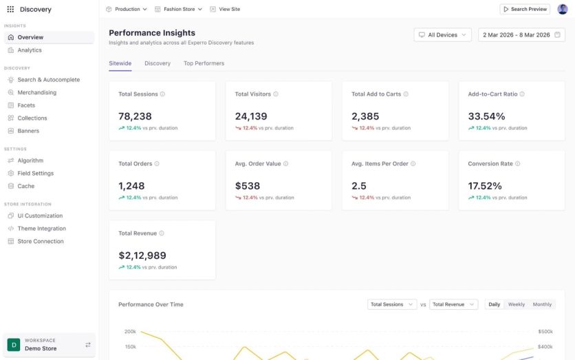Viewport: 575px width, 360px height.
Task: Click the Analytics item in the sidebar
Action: click(29, 50)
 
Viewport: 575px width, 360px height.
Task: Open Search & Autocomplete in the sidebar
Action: click(48, 80)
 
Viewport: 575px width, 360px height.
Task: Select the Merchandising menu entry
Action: click(36, 92)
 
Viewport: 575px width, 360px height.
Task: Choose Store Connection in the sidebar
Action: click(40, 242)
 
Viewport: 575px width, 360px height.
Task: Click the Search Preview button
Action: click(525, 9)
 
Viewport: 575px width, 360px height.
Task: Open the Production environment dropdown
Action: click(127, 9)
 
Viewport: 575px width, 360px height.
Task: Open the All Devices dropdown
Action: click(442, 34)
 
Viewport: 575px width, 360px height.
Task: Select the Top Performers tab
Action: click(204, 63)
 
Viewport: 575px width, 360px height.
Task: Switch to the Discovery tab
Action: click(158, 63)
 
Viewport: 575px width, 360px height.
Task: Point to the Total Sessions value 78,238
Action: click(135, 116)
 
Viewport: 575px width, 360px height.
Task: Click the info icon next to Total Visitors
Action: click(276, 94)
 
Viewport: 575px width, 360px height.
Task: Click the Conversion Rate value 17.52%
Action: click(485, 186)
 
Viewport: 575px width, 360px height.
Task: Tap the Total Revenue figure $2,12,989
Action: click(142, 255)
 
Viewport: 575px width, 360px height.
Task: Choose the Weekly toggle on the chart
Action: click(517, 304)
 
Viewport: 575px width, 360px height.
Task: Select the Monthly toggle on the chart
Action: click(542, 304)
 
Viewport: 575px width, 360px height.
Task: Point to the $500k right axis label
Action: click(545, 332)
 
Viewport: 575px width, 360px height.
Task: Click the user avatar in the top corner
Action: click(562, 9)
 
